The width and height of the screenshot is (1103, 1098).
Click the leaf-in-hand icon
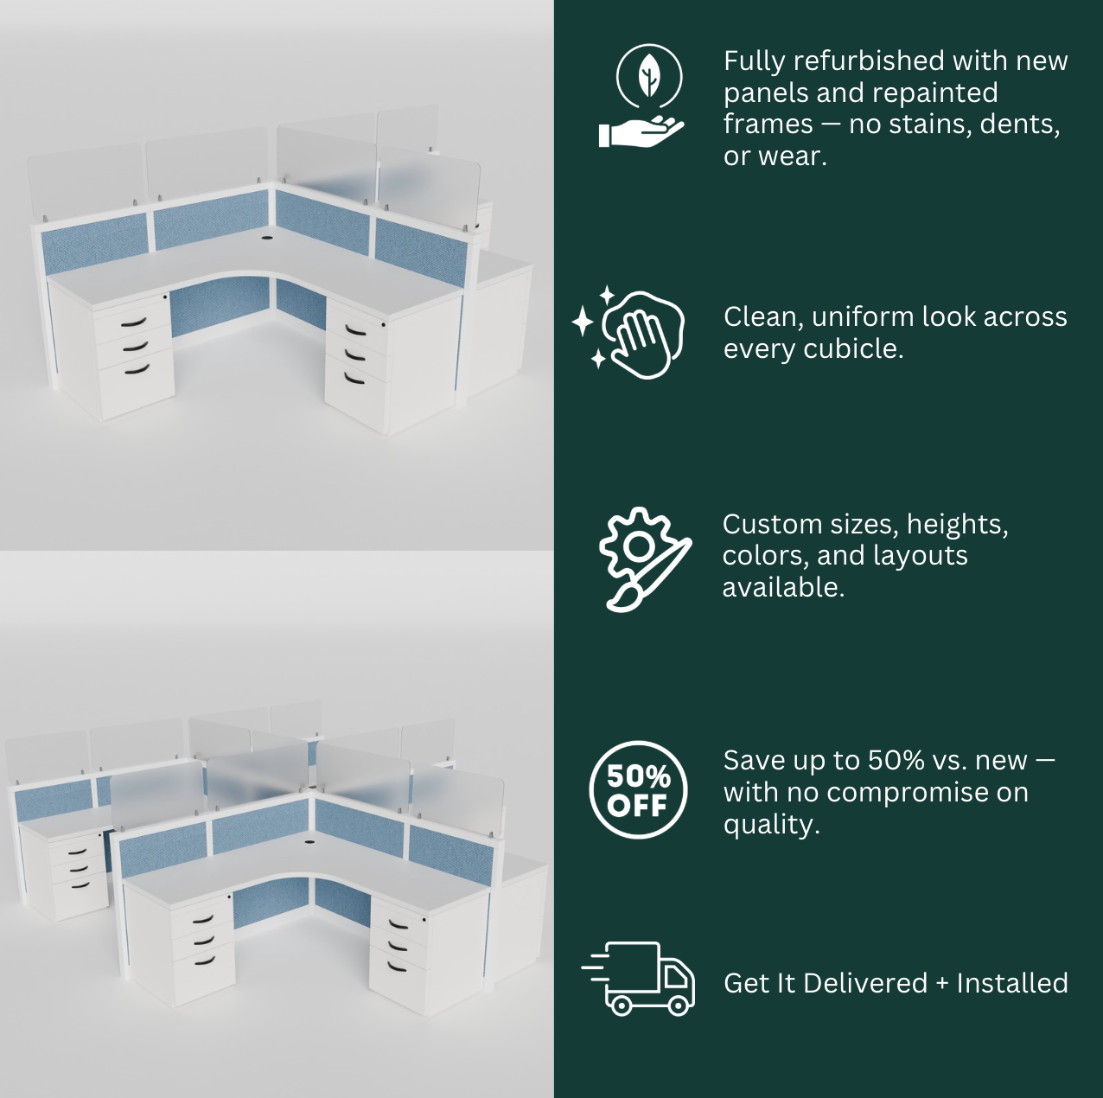pos(642,96)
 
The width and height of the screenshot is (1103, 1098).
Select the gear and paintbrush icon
pos(645,559)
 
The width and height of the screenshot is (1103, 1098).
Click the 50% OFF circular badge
pos(638,790)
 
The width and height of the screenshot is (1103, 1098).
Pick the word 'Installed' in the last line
pos(1012,984)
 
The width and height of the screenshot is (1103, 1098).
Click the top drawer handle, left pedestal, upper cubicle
pos(134,322)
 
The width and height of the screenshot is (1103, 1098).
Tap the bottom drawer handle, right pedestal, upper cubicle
pos(354,379)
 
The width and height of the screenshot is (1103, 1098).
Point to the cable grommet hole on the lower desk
pos(309,843)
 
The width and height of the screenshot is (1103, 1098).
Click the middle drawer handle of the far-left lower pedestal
pos(78,868)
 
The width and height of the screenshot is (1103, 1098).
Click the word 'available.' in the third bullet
pos(783,588)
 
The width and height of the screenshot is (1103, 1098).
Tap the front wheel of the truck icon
pos(679,1005)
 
